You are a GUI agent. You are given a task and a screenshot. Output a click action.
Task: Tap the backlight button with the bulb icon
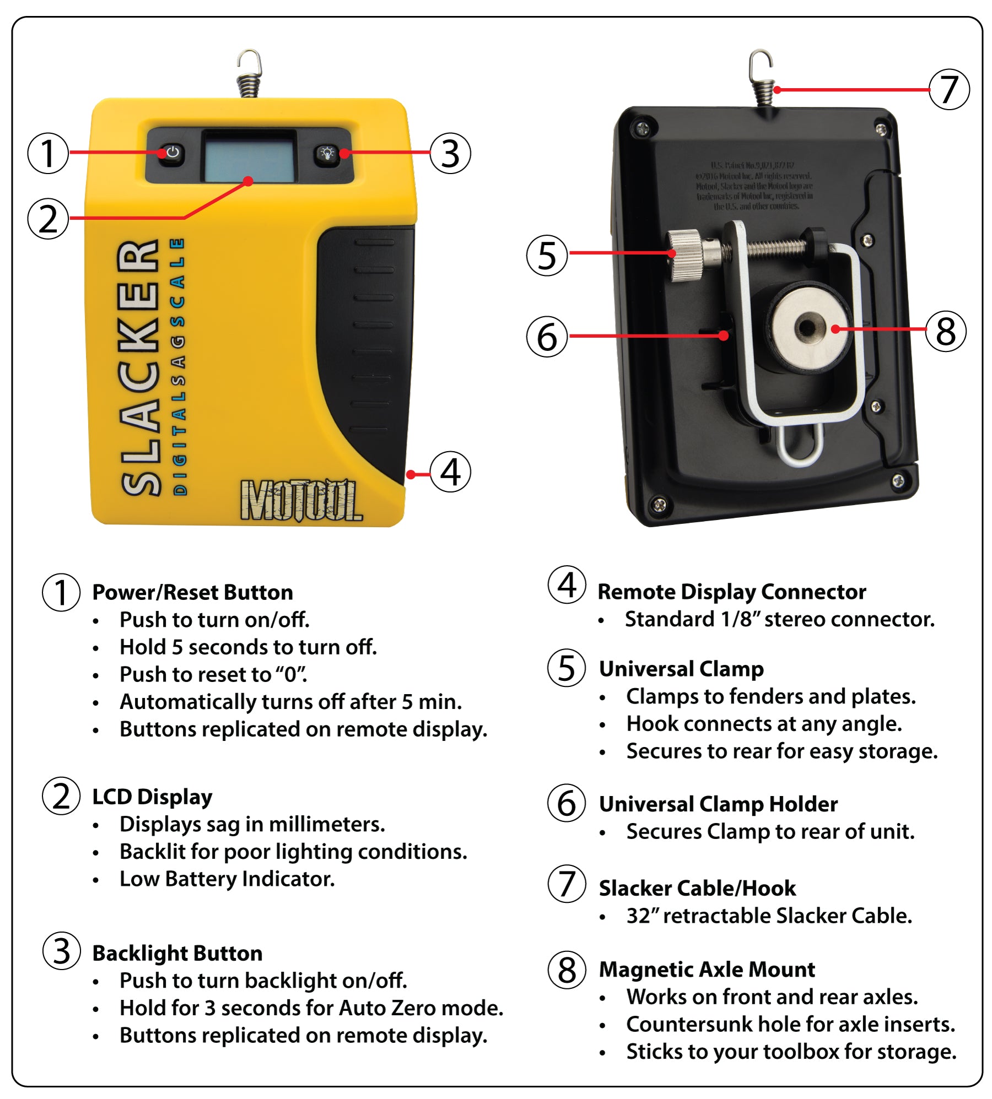327,153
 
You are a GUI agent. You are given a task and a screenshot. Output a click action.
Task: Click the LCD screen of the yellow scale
250,156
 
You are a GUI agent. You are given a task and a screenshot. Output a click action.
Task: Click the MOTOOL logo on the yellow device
301,500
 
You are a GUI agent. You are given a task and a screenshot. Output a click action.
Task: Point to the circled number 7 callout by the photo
949,89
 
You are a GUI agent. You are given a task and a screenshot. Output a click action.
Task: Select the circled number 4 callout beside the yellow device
450,472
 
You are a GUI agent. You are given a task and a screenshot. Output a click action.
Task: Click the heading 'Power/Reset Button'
192,593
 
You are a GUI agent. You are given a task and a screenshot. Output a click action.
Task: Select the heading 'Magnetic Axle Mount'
707,970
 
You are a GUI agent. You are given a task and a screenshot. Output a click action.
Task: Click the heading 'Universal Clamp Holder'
718,804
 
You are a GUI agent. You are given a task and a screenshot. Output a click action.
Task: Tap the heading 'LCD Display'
152,797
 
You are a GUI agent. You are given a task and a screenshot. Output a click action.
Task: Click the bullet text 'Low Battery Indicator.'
227,879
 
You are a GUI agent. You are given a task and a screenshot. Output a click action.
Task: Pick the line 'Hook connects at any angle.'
764,724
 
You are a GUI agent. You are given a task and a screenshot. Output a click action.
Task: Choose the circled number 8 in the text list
567,970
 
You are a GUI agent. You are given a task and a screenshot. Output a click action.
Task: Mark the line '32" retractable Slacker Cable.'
769,916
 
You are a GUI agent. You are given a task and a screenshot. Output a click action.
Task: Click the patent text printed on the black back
754,186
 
